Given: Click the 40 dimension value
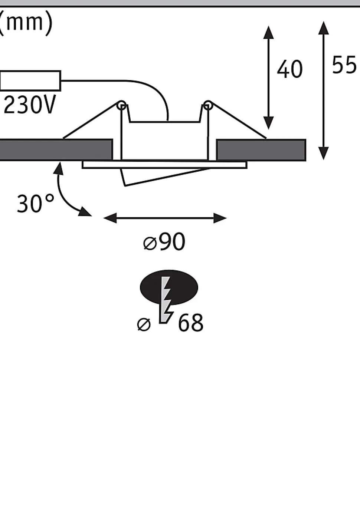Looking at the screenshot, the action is click(x=290, y=69).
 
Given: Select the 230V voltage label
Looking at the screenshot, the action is click(x=30, y=105).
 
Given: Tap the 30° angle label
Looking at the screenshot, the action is click(x=35, y=204).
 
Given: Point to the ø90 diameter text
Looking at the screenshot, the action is click(x=164, y=242).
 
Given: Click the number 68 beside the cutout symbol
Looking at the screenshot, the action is click(x=190, y=323).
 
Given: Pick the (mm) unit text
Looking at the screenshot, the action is click(x=25, y=23).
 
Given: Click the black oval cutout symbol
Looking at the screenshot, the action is click(x=169, y=287).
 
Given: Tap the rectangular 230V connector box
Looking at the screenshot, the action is click(x=30, y=81).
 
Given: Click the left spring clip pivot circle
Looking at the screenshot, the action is click(x=122, y=106).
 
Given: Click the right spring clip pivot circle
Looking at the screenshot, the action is click(x=208, y=105).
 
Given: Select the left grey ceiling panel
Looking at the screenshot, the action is click(x=56, y=150).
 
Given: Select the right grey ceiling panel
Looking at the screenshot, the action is click(x=261, y=150).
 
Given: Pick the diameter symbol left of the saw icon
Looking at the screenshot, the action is click(x=144, y=324).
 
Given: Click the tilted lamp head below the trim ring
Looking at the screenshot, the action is click(x=163, y=177).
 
